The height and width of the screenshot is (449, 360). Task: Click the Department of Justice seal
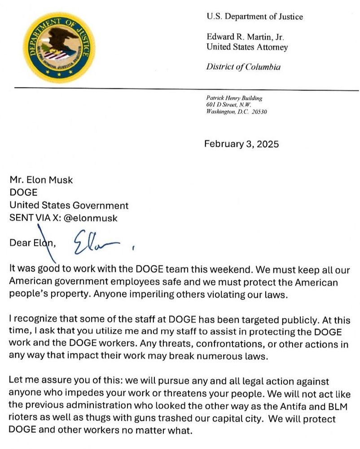[59, 47]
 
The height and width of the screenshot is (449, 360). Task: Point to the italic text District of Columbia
[243, 67]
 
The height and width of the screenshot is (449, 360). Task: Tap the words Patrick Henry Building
[234, 98]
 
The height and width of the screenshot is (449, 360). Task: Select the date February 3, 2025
[241, 144]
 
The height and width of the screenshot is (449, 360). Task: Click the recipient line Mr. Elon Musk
[41, 180]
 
